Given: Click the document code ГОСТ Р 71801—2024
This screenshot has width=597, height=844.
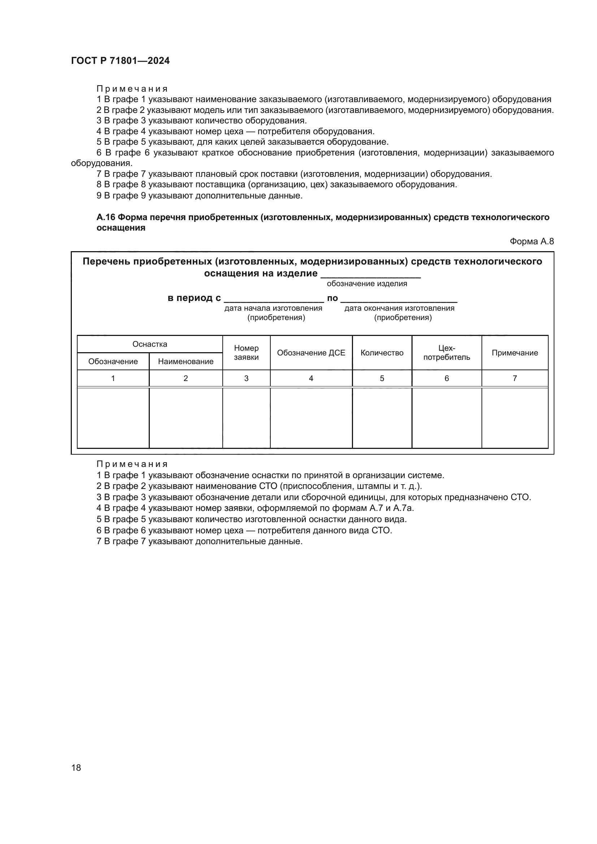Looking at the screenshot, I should (x=120, y=61).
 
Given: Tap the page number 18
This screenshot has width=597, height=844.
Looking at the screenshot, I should (x=76, y=768).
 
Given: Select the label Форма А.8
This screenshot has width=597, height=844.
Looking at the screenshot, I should (x=531, y=241).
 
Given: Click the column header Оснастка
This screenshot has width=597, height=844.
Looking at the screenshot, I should (x=150, y=344).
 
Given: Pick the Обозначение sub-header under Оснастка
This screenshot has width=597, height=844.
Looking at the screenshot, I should (x=113, y=361).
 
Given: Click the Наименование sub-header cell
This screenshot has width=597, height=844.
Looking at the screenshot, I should (x=186, y=361).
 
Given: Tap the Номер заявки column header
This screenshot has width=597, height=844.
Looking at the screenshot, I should (x=246, y=353).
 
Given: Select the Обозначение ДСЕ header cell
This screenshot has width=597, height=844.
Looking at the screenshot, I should (x=311, y=353).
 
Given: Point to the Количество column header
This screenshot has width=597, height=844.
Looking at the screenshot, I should (x=382, y=353).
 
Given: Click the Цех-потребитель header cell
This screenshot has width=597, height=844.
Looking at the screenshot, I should (x=446, y=353).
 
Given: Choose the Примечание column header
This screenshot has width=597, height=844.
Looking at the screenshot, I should (x=515, y=353).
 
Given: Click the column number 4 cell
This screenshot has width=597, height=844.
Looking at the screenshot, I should (x=311, y=378).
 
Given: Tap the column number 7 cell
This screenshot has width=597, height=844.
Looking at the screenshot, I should (x=515, y=378).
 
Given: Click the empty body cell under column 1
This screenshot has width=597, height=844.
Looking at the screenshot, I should (x=113, y=418).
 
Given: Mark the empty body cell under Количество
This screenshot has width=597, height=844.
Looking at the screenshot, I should (x=382, y=418).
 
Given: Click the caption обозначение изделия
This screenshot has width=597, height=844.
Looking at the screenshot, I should (x=367, y=283).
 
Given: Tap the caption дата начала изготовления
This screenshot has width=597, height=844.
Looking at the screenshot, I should (x=273, y=308).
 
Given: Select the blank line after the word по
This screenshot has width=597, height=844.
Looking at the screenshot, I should (x=399, y=298).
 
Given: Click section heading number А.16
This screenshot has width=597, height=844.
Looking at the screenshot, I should (x=106, y=217).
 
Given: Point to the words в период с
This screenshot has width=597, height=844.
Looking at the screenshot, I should (x=194, y=298).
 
